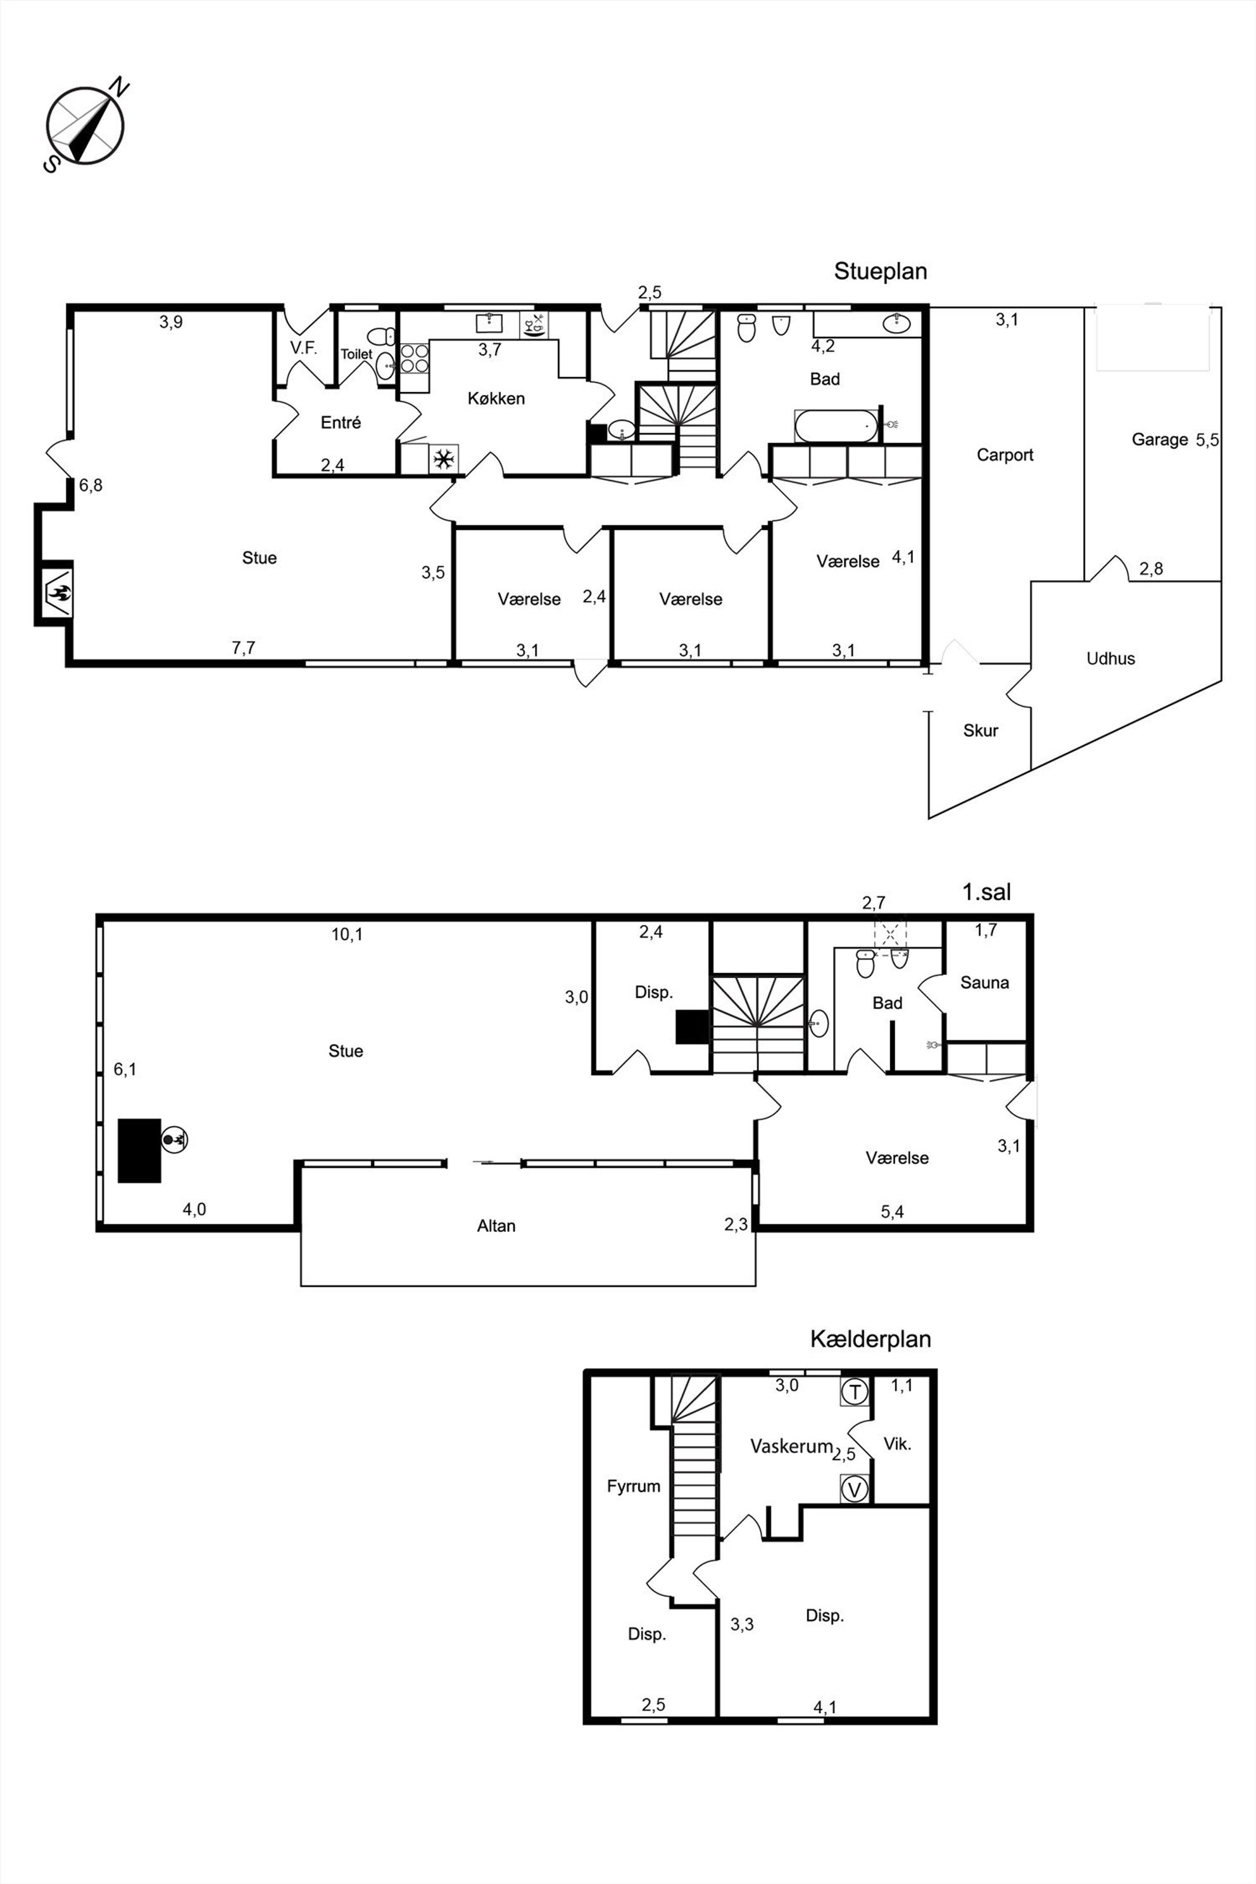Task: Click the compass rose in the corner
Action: pyautogui.click(x=84, y=126)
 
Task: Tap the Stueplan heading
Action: pyautogui.click(x=881, y=271)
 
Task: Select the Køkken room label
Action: pyautogui.click(x=496, y=398)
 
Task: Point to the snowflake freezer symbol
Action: pyautogui.click(x=443, y=459)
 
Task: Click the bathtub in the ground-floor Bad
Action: pyautogui.click(x=837, y=426)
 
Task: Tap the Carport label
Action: pyautogui.click(x=1005, y=455)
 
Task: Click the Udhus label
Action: pyautogui.click(x=1110, y=658)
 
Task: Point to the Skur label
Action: pyautogui.click(x=981, y=730)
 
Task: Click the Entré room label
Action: pyautogui.click(x=341, y=422)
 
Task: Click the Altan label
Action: pyautogui.click(x=496, y=1226)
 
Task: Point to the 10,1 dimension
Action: pyautogui.click(x=347, y=934)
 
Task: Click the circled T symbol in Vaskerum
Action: pyautogui.click(x=855, y=1391)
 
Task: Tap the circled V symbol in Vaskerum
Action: pyautogui.click(x=855, y=1490)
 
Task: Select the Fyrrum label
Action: pyautogui.click(x=634, y=1486)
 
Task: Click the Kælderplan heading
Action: pyautogui.click(x=870, y=1338)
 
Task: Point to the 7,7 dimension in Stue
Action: pyautogui.click(x=244, y=647)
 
